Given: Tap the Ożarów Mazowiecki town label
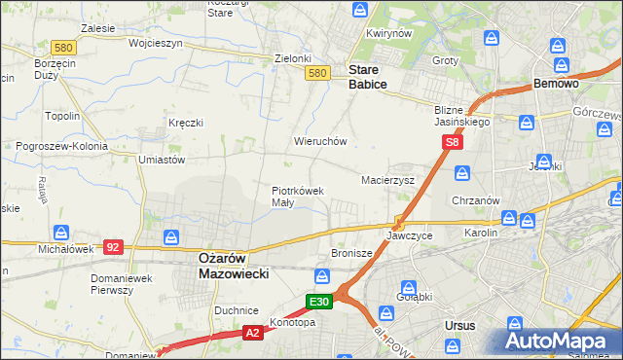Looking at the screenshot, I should tap(233, 267).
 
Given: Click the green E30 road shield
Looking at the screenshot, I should tap(320, 302).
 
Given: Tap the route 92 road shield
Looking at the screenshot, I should tap(113, 247).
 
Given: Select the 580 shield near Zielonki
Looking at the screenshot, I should tap(315, 73).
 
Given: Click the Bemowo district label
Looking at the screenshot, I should tap(557, 85).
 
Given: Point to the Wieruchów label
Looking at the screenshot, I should tap(320, 141).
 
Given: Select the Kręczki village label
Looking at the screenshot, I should tap(185, 123).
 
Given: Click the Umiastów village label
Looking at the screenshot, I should tap(162, 159).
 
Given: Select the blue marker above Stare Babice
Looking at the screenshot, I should tap(360, 12).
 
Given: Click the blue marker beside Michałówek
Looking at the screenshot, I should tap(61, 233).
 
